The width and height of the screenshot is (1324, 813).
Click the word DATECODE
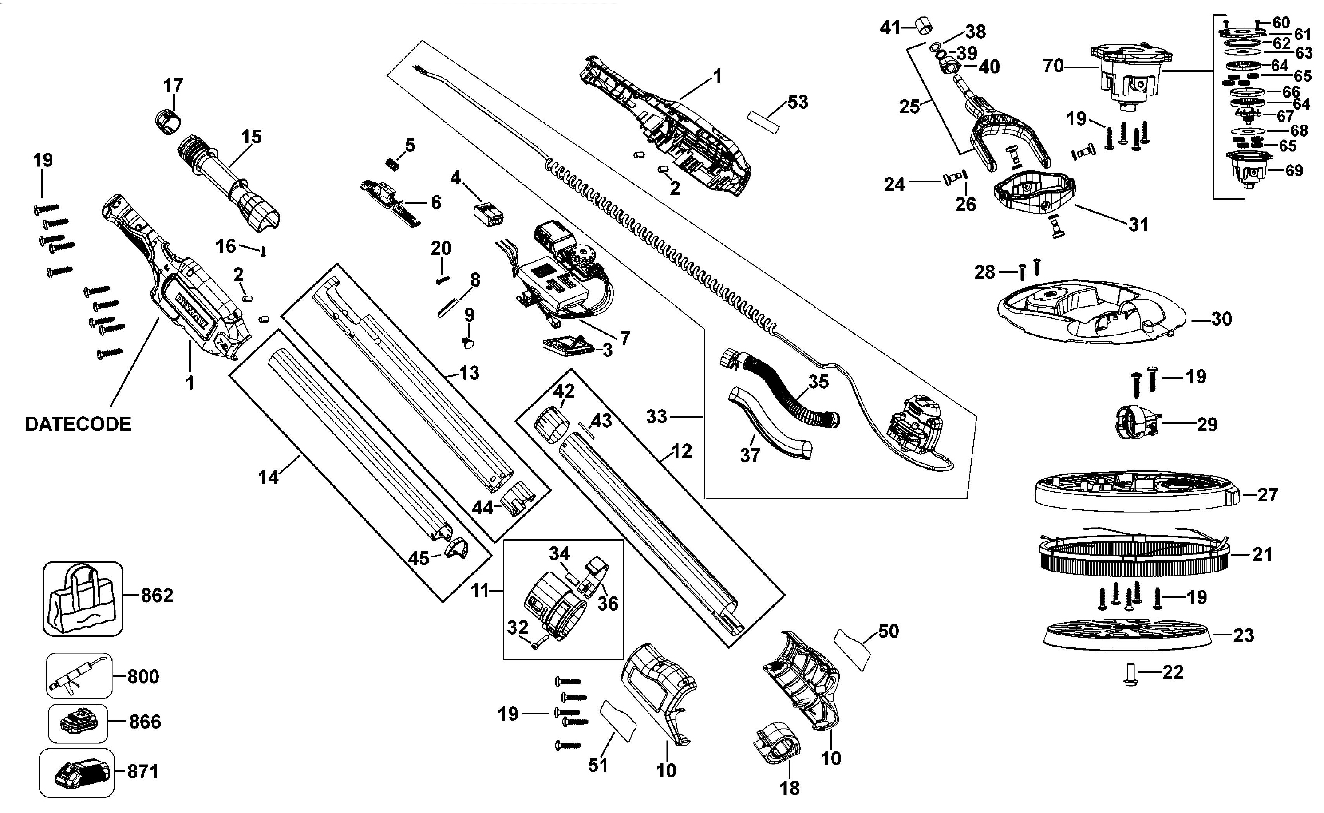point(78,424)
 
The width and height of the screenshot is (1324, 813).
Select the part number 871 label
point(143,772)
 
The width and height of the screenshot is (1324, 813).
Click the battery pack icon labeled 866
point(77,722)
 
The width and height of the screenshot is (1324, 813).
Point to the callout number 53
point(798,102)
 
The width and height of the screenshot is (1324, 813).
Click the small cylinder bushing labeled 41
point(923,25)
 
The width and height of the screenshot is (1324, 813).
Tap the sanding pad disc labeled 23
point(1127,635)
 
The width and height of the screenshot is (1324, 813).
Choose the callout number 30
point(1221,319)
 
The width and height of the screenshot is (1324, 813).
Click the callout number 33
point(656,417)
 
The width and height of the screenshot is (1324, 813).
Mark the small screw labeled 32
point(539,642)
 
